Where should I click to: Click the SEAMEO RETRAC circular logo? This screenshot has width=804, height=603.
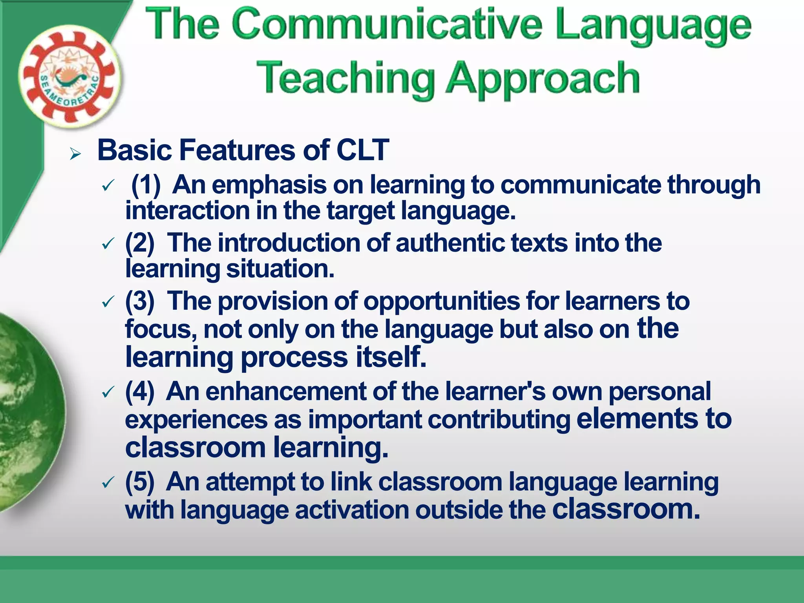click(x=70, y=77)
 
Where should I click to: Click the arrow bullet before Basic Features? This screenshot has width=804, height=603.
click(x=75, y=154)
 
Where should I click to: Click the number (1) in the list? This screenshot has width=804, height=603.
click(x=146, y=185)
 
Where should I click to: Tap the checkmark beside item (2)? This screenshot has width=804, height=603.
click(x=107, y=244)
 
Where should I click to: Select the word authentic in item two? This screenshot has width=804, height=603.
click(x=450, y=243)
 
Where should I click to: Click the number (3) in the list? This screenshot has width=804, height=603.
click(x=140, y=301)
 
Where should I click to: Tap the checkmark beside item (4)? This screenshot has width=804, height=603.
click(x=107, y=392)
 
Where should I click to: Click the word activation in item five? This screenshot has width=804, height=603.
click(x=352, y=510)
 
